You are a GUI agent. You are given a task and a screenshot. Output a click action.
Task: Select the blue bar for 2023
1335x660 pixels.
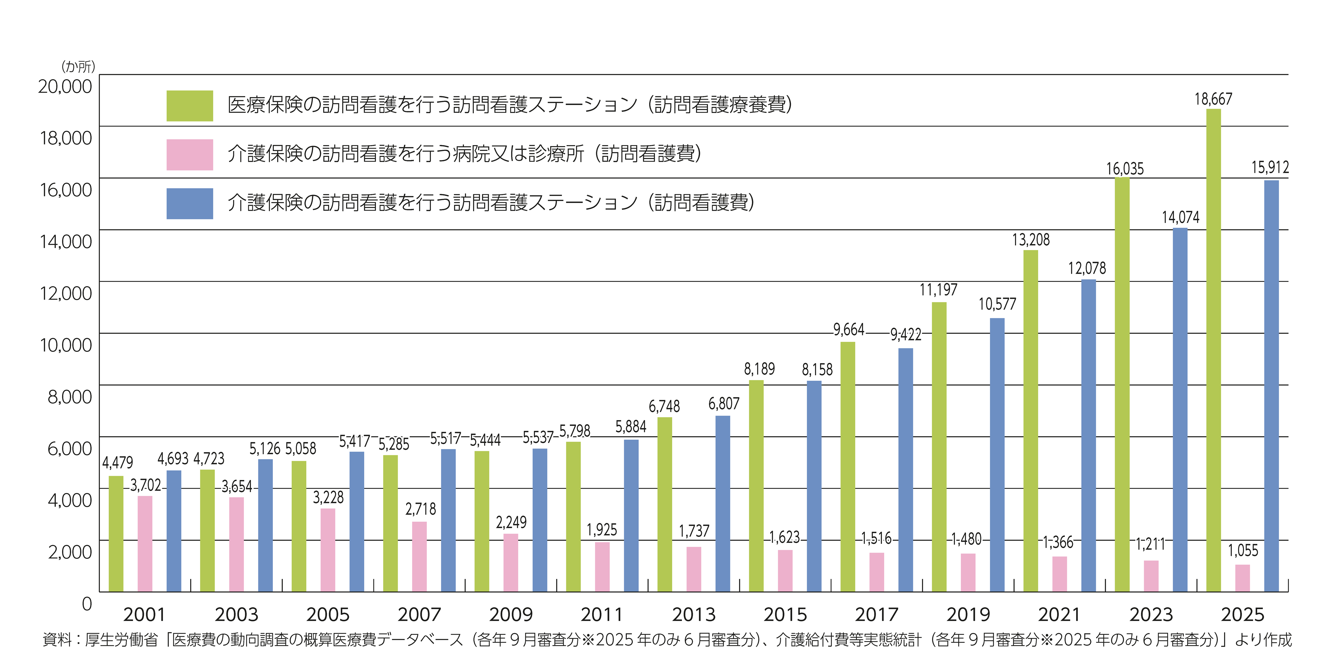pyautogui.click(x=1180, y=410)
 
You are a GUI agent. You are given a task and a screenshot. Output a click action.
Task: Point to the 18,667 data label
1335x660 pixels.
pyautogui.click(x=1213, y=99)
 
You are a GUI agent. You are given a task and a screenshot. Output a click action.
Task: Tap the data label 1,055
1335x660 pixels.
pyautogui.click(x=1242, y=551)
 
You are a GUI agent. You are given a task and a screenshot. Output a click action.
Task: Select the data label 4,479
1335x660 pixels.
pyautogui.click(x=118, y=462)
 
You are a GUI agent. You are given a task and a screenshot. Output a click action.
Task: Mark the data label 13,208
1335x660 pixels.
pyautogui.click(x=1031, y=240)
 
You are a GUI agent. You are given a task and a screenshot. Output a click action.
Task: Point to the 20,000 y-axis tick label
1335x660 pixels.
pyautogui.click(x=65, y=87)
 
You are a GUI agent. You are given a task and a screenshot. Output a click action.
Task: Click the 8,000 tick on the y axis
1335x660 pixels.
pyautogui.click(x=70, y=397)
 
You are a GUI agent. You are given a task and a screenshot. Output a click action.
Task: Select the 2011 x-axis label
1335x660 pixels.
pyautogui.click(x=602, y=615)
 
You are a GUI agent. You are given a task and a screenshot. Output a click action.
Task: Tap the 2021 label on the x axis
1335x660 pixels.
pyautogui.click(x=1059, y=615)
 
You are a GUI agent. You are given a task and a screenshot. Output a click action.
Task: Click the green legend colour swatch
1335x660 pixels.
pyautogui.click(x=190, y=106)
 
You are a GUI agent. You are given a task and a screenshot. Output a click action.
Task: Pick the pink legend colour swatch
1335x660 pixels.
pyautogui.click(x=190, y=155)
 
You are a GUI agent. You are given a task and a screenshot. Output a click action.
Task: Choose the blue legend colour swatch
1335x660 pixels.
pyautogui.click(x=190, y=203)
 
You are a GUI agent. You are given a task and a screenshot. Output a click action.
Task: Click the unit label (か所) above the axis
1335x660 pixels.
pyautogui.click(x=78, y=66)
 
